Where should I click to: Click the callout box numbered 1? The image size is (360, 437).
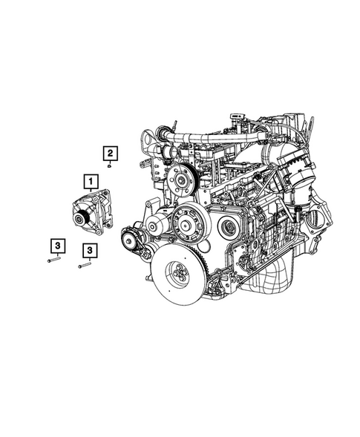(89, 180)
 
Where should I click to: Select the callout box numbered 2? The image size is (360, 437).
(109, 154)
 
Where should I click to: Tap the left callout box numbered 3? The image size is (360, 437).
(56, 244)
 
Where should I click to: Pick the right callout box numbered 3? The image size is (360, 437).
(89, 251)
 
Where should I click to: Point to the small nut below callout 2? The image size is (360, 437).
(109, 166)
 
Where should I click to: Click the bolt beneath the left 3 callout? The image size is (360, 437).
(52, 260)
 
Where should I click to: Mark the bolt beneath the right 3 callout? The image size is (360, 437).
(84, 266)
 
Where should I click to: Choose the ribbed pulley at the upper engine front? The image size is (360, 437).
(178, 179)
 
